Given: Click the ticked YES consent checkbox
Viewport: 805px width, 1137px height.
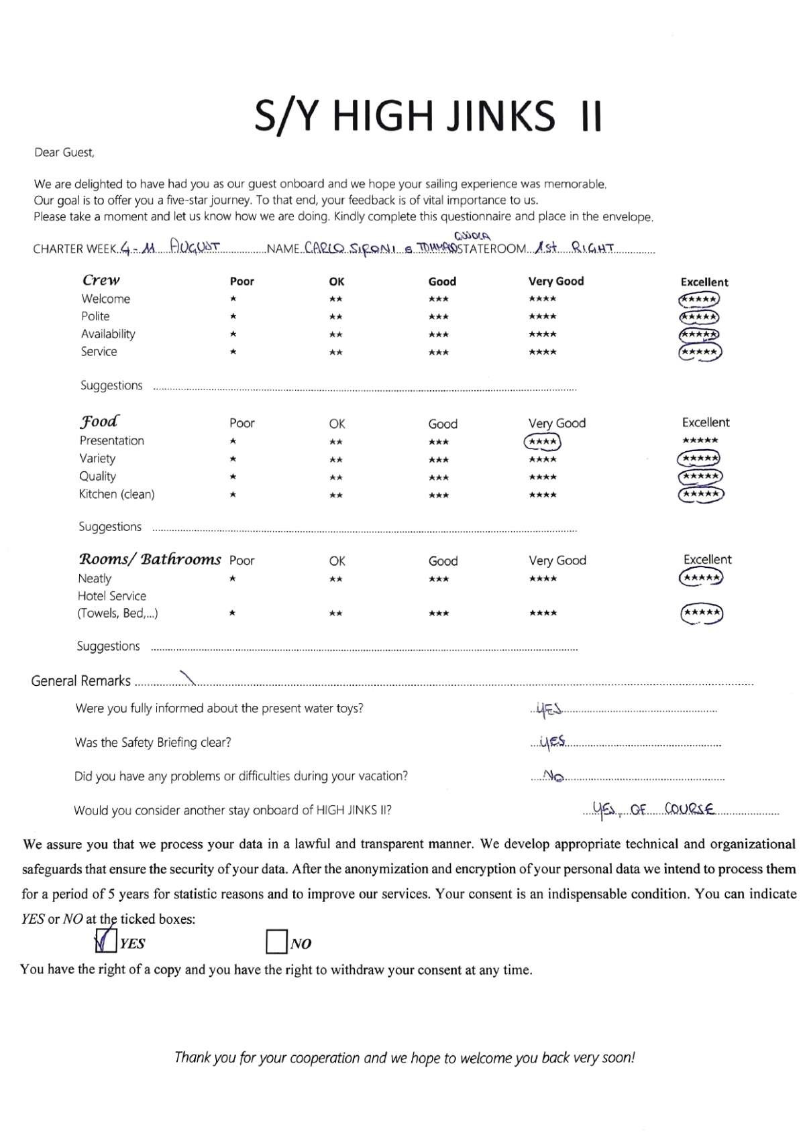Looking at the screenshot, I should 107,941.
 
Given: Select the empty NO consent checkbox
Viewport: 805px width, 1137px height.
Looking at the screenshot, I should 276,941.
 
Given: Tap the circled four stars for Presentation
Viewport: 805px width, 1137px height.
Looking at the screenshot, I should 542,442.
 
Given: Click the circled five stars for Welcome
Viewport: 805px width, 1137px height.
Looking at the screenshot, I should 699,300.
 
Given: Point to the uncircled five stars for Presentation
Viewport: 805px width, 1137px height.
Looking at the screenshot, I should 700,440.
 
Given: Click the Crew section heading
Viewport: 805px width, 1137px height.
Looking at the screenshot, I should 101,280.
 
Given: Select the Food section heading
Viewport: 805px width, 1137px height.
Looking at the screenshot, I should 99,422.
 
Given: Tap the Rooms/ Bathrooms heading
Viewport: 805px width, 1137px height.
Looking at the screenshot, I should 150,559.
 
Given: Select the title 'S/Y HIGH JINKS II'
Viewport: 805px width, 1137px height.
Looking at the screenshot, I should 428,116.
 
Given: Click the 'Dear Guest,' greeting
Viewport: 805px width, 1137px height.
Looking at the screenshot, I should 64,153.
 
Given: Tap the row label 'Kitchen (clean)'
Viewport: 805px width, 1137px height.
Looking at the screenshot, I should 117,494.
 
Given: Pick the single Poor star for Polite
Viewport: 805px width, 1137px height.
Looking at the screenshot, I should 233,316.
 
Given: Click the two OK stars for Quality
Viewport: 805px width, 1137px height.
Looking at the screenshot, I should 336,477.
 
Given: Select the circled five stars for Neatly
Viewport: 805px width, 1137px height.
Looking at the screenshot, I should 701,577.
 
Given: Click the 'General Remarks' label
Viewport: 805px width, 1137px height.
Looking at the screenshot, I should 80,681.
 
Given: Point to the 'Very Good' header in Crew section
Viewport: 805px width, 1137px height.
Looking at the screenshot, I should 556,282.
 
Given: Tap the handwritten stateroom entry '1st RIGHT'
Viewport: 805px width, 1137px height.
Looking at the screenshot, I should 575,247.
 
